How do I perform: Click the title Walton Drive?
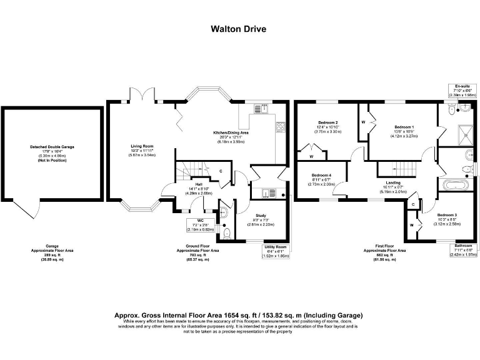point(240,28)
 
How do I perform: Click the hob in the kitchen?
point(280,127)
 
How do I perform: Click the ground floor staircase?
point(190,169)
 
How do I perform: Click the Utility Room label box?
point(275,251)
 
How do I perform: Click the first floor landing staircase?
point(391,167)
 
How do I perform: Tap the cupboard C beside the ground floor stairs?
point(221,170)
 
